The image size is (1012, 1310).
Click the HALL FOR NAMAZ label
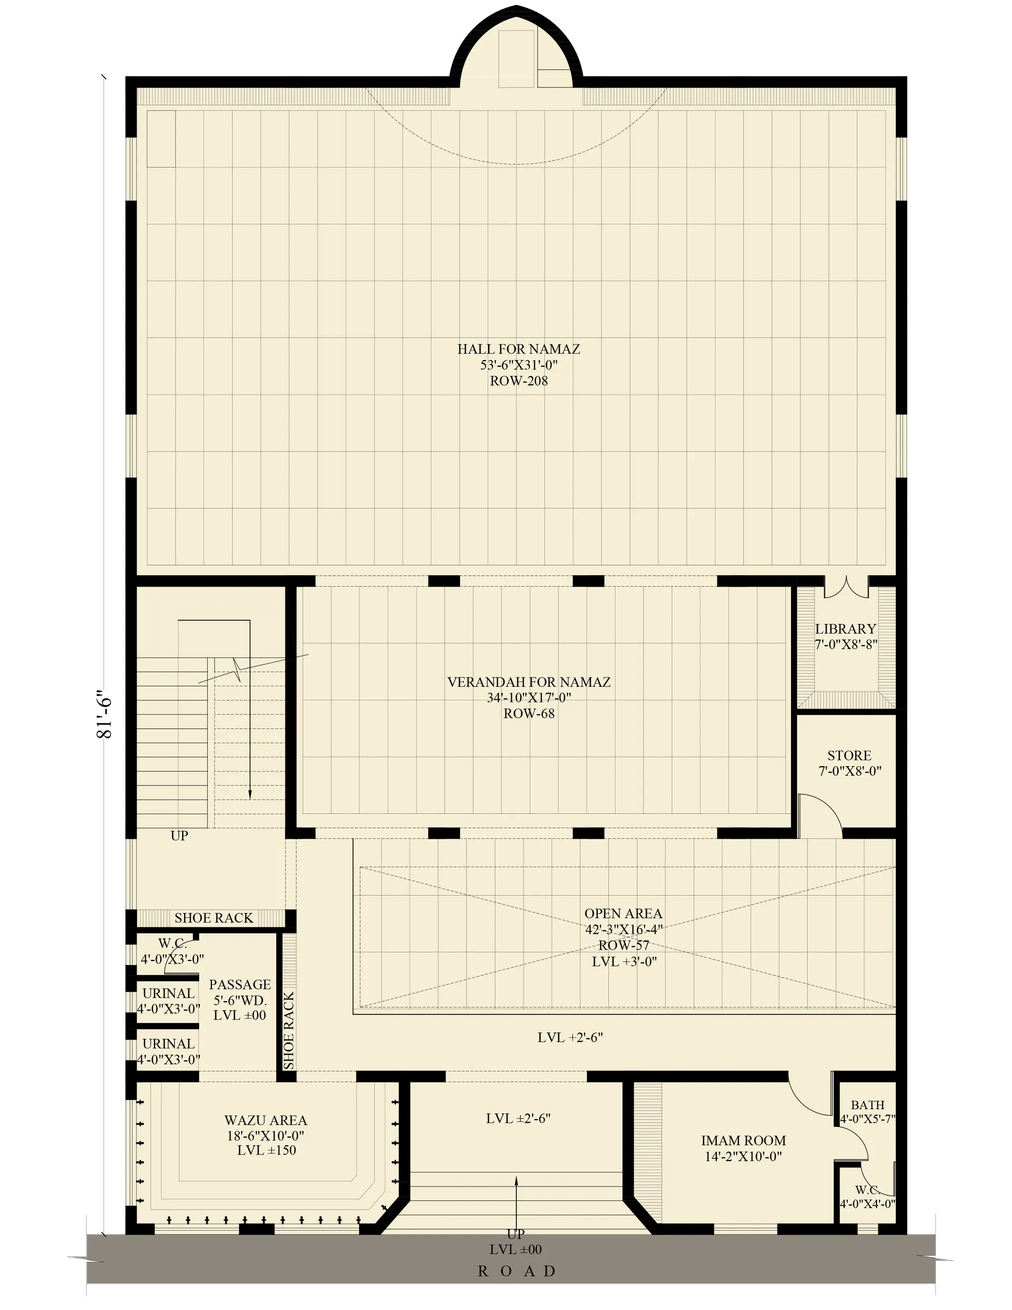[x=518, y=348]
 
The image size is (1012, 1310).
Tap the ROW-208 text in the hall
[x=518, y=381]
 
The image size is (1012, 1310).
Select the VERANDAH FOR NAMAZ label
[x=529, y=682]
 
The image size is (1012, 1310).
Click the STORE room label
[x=849, y=756]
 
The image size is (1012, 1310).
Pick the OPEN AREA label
[x=623, y=913]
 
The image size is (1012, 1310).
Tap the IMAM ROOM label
[x=743, y=1141]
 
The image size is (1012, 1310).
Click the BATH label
[x=867, y=1105]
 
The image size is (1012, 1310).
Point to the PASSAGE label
[x=240, y=985]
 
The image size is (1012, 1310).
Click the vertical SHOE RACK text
[x=289, y=1031]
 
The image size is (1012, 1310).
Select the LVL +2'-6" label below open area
[x=570, y=1038]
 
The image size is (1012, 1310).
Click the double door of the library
[x=846, y=588]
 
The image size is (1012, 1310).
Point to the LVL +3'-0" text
[x=624, y=962]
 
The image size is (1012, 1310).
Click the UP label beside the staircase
[x=180, y=836]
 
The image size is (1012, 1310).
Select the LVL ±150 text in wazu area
[x=267, y=1150]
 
